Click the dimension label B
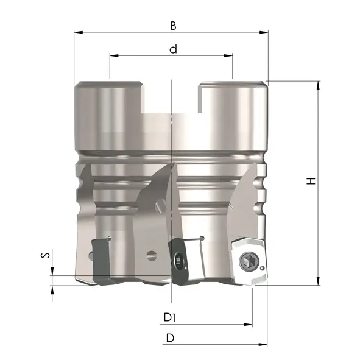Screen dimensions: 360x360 coord(173,26)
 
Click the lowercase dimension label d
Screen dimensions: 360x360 coord(174,49)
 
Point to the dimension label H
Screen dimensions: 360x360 coord(311,181)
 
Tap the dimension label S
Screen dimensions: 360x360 coord(45,255)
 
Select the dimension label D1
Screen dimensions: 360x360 coord(170,317)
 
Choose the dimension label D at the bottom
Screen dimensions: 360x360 coord(170,338)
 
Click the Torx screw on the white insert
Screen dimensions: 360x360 coord(249,261)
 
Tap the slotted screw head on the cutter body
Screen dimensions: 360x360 coord(152,255)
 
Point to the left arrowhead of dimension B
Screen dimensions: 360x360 coord(79,32)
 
